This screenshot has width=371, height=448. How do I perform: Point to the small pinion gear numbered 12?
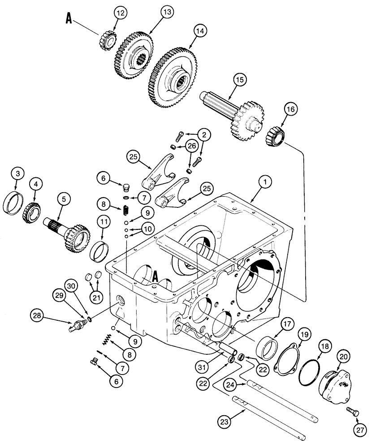coord(106,42)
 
